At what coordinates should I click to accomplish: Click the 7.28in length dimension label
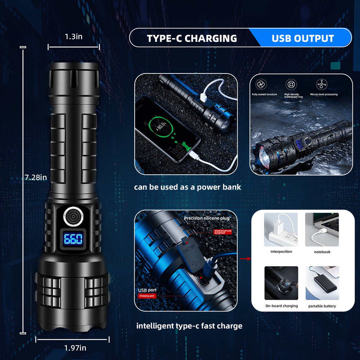coord(36,178)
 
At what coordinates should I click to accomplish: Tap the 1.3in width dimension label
coord(74,37)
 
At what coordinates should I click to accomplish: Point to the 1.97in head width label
coord(75,348)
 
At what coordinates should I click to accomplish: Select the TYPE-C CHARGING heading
coord(192,38)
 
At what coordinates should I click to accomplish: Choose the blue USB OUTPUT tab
coord(302,38)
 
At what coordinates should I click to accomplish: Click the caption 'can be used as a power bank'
coord(187,187)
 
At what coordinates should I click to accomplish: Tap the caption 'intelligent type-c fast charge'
coord(189,326)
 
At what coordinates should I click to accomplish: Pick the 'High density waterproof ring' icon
coord(291,84)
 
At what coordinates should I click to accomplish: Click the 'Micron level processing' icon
coord(322,84)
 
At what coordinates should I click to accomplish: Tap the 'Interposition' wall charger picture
coord(281,229)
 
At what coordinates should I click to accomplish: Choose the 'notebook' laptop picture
coord(322,229)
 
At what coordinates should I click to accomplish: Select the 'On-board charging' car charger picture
coord(281,283)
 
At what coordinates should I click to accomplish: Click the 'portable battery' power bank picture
coord(322,283)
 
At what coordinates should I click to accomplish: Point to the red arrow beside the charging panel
coord(245,259)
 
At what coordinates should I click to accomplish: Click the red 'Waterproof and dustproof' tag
coord(223,232)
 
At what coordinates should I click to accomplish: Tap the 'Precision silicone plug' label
coord(207,218)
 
